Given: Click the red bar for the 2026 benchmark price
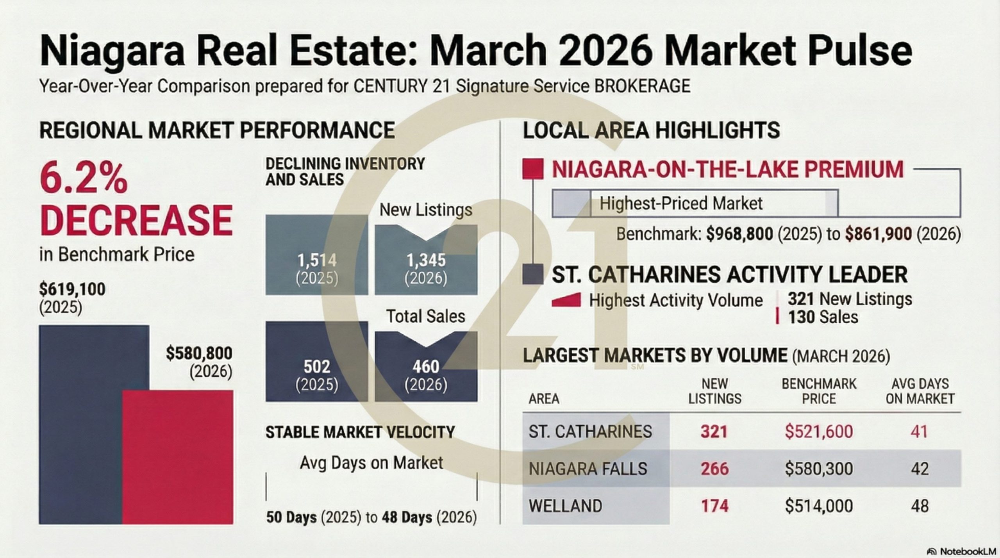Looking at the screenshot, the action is click(x=178, y=457).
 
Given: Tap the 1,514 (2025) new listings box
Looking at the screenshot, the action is click(x=317, y=255).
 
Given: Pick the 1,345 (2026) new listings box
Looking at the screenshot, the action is click(x=426, y=260).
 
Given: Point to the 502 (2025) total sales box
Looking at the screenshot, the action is click(x=317, y=361).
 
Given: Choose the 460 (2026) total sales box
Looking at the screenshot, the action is click(x=426, y=366).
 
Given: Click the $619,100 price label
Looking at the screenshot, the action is click(x=72, y=289).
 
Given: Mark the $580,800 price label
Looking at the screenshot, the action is click(x=199, y=353).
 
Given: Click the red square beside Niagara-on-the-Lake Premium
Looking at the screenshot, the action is click(x=533, y=169).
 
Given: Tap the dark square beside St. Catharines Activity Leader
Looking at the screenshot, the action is click(x=533, y=274).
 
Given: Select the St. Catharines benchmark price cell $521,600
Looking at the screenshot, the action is click(x=819, y=431).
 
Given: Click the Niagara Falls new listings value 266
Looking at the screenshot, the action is click(x=714, y=469).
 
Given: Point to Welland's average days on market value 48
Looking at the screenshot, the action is click(x=920, y=506).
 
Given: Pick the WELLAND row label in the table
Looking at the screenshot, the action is click(x=565, y=506).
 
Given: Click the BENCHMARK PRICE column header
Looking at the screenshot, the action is click(x=819, y=391).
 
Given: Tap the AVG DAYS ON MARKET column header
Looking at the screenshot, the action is click(x=920, y=391).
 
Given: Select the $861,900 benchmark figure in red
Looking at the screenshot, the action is click(x=879, y=234).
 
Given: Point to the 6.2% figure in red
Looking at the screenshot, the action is click(x=84, y=178).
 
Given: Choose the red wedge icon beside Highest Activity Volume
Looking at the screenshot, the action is click(x=566, y=300).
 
